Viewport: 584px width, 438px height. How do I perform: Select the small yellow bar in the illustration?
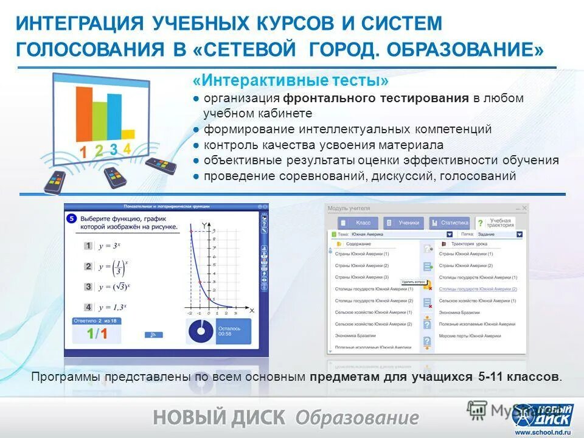[x=128, y=134]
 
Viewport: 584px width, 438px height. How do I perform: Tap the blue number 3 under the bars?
[x=114, y=150]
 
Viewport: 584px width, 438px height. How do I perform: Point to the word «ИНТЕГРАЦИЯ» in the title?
[x=79, y=24]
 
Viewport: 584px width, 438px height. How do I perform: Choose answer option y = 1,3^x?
[x=111, y=307]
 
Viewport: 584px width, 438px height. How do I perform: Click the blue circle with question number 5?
[x=72, y=218]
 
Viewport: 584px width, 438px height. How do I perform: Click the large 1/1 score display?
[x=97, y=333]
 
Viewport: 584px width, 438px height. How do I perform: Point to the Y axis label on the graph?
[x=204, y=224]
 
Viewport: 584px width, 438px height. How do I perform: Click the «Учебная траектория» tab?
[x=495, y=223]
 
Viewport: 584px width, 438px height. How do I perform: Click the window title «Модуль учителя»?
[x=349, y=208]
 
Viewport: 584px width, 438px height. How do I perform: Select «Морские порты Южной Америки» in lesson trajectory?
[x=470, y=335]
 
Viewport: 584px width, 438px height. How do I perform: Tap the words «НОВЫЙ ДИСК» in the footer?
[x=219, y=418]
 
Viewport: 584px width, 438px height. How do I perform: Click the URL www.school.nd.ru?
[x=543, y=432]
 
